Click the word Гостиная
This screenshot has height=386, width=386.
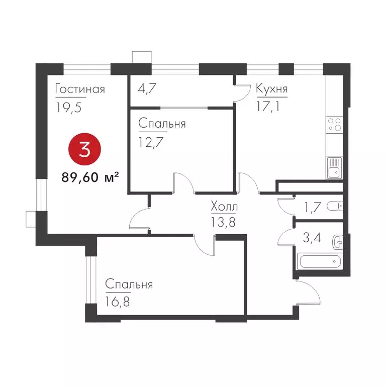(x=80, y=89)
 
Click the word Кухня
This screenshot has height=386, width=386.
(x=272, y=89)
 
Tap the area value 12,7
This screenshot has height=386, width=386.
(x=151, y=141)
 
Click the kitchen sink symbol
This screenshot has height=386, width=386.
(x=334, y=168)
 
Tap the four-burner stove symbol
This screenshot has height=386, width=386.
(x=334, y=125)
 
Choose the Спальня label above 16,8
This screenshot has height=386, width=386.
(x=129, y=285)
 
